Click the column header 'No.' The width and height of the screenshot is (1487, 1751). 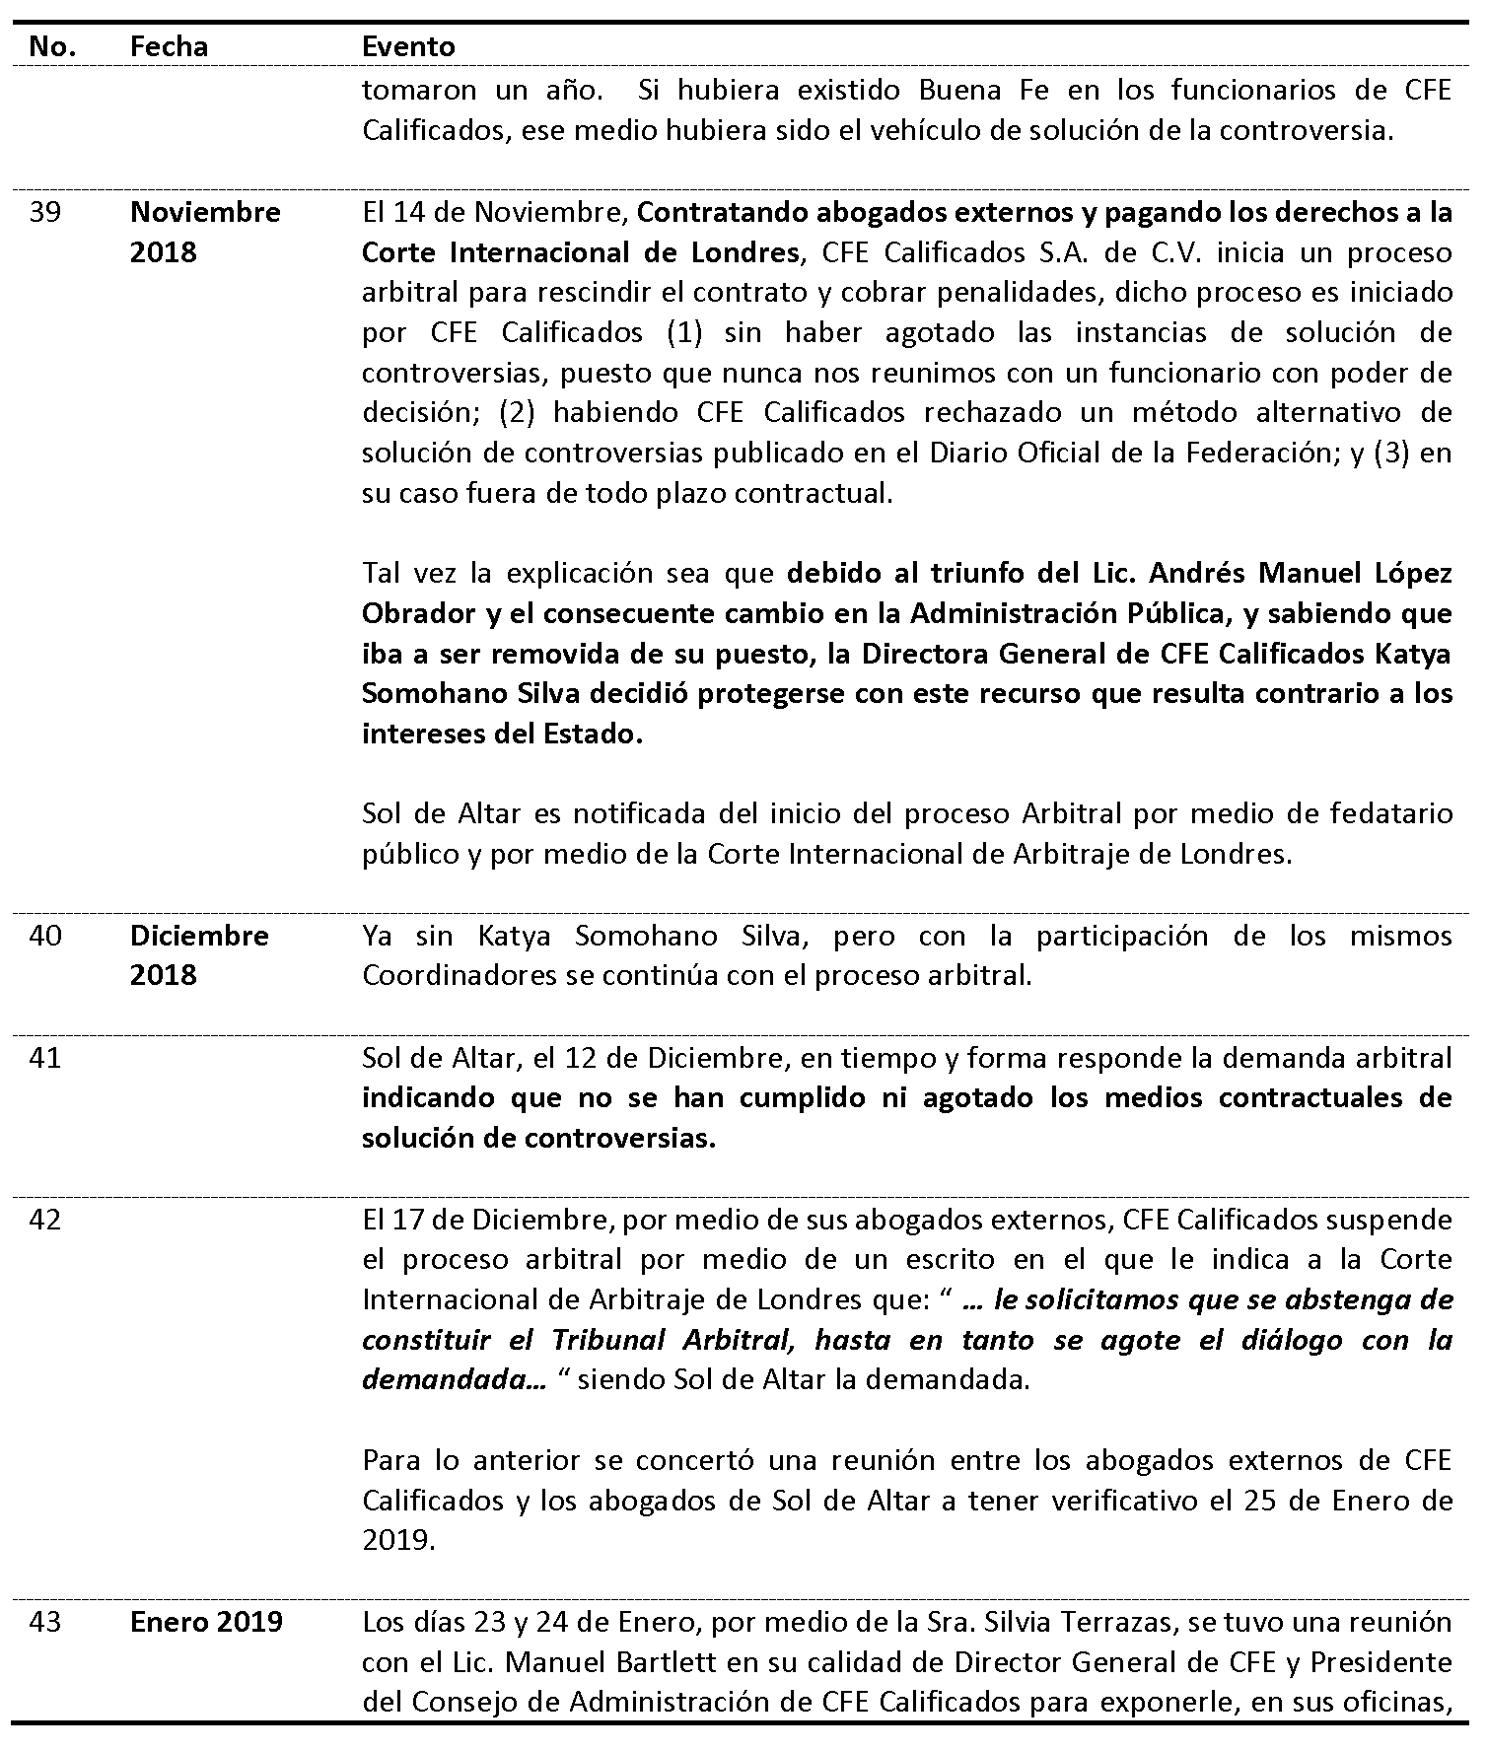(x=52, y=46)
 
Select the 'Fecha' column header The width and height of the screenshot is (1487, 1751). (x=169, y=46)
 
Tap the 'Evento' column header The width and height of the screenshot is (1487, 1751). (x=408, y=46)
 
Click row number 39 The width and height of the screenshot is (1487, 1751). (x=44, y=212)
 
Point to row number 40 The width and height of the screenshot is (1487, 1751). (x=44, y=935)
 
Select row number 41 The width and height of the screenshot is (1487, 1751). (x=44, y=1058)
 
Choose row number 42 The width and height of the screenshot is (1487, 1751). (x=44, y=1220)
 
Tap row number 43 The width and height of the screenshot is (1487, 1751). (x=44, y=1622)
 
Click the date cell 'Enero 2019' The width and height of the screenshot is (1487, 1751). (x=206, y=1622)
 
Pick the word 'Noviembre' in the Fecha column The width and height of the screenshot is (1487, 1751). (x=205, y=212)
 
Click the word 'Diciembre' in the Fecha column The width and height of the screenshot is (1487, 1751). (x=199, y=935)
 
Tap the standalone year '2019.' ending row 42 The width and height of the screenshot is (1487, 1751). (x=398, y=1540)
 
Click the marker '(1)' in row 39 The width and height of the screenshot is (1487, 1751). (x=677, y=332)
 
